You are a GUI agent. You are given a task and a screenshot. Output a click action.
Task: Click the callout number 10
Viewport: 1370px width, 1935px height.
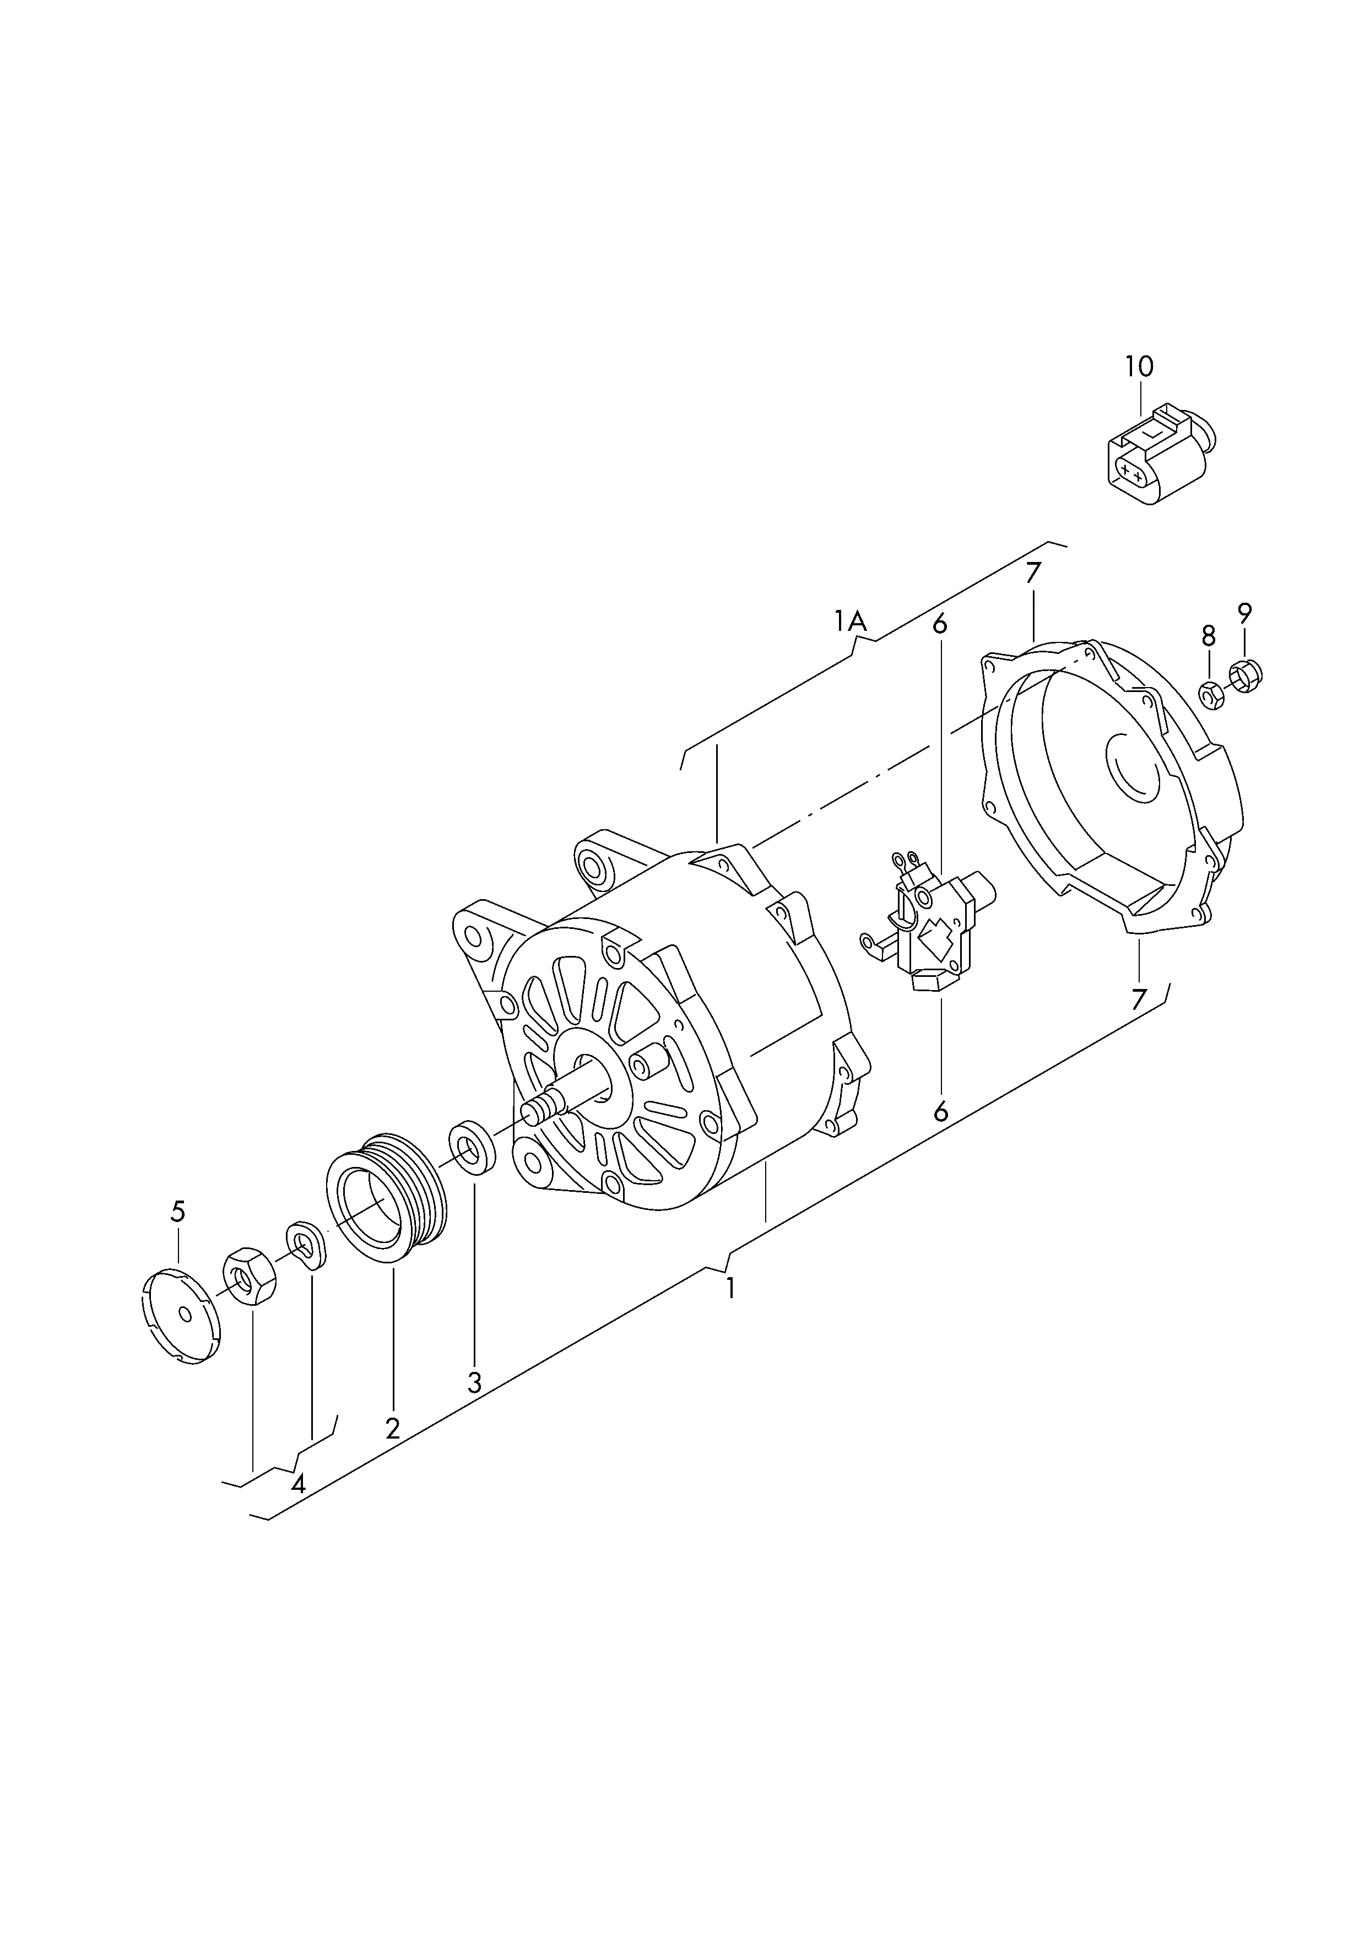click(x=1138, y=367)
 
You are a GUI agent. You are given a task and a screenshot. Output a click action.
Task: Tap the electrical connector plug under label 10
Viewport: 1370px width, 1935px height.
click(x=1158, y=456)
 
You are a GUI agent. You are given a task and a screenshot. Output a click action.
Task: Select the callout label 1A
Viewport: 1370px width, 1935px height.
click(x=851, y=621)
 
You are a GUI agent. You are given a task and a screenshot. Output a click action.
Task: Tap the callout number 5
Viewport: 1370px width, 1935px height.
click(x=177, y=1212)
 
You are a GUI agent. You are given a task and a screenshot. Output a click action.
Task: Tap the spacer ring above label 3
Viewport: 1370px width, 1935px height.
click(x=473, y=1147)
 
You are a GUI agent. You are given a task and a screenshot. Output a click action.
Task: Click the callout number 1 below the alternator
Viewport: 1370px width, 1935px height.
click(x=730, y=1312)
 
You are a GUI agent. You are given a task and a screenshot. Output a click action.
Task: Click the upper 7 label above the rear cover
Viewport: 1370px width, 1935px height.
click(x=1033, y=573)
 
